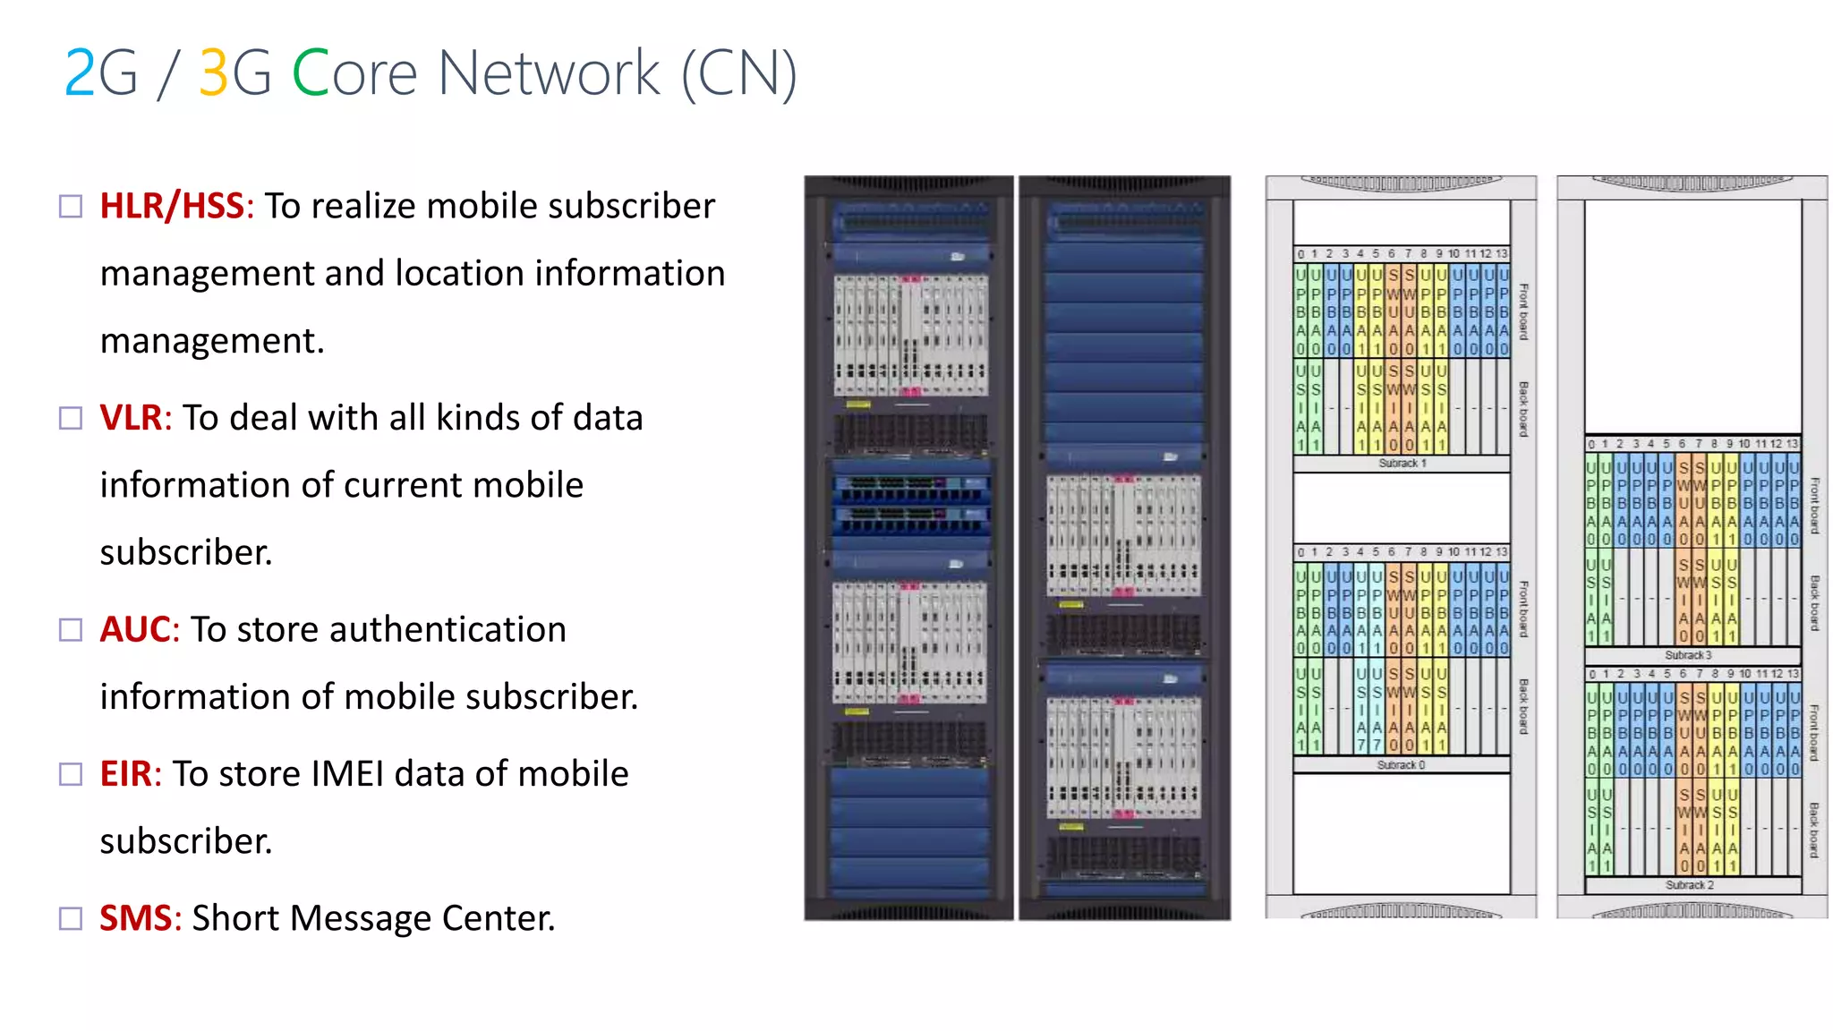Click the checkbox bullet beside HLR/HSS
coord(71,207)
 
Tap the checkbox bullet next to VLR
coord(71,418)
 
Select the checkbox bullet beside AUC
coord(71,630)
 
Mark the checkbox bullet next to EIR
coord(71,774)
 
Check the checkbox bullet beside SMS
coord(71,918)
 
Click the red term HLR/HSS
coord(171,206)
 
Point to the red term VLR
coord(131,418)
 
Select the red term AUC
coord(134,630)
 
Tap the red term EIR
coord(126,774)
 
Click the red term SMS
coord(134,918)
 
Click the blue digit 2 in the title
coord(80,73)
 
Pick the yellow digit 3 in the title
coord(213,73)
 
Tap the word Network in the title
coord(549,73)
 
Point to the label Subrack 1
coord(1402,464)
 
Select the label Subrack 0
coord(1401,765)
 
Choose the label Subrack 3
coord(1688,655)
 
